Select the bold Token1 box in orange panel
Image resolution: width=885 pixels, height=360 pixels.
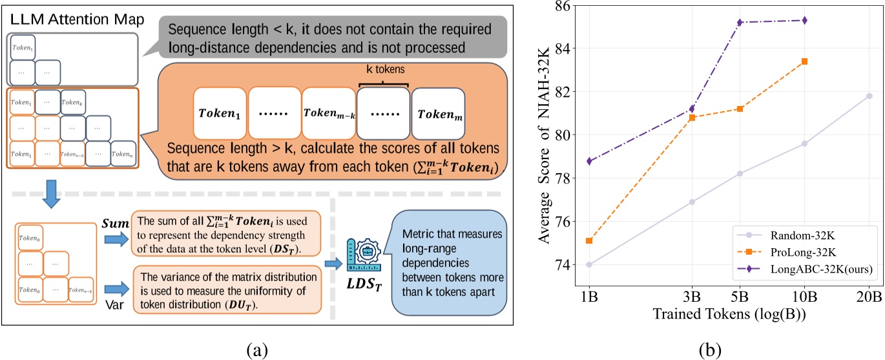[218, 114]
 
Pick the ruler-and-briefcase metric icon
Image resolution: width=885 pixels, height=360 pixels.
[362, 254]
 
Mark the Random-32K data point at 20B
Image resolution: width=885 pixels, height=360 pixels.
[869, 96]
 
